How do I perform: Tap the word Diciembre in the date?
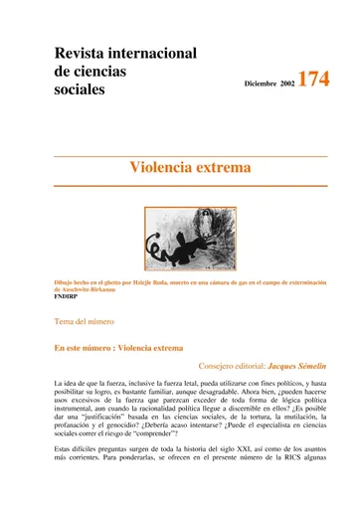click(262, 85)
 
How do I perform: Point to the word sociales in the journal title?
click(81, 90)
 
